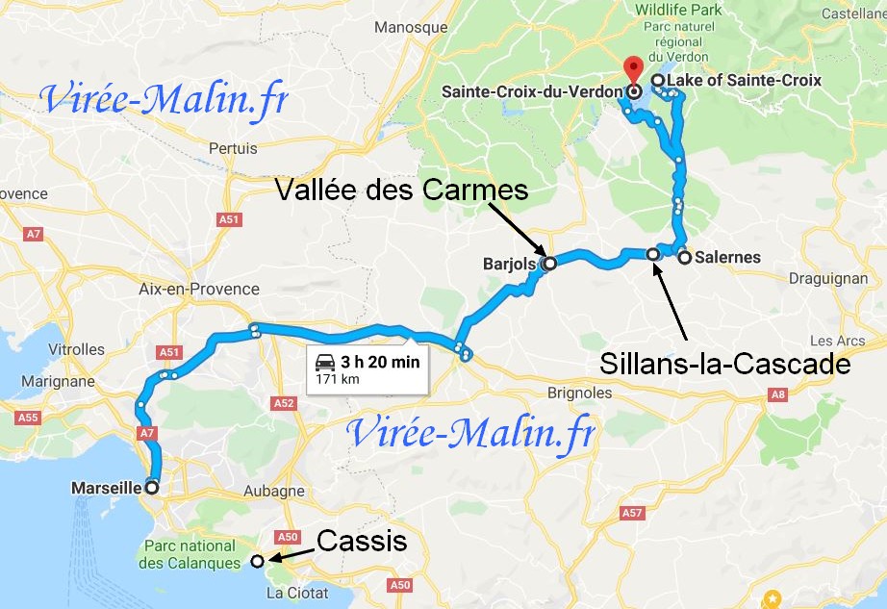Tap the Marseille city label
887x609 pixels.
pos(107,488)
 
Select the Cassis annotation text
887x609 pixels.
pos(362,542)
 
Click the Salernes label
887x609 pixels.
pos(726,257)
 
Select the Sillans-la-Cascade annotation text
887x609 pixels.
pos(724,365)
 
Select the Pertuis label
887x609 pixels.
pos(233,149)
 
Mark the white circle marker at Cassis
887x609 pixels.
pos(257,561)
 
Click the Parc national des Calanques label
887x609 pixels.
pos(190,553)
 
